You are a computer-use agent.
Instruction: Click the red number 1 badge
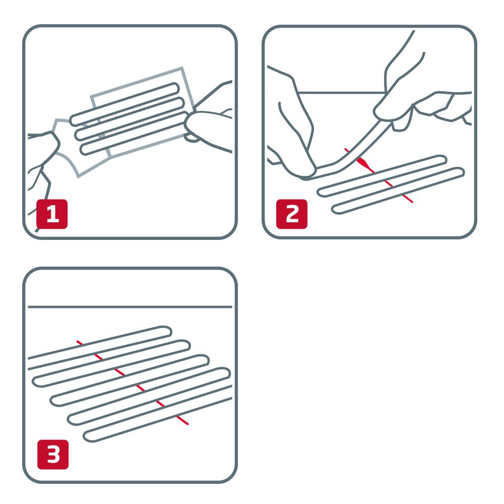(52, 214)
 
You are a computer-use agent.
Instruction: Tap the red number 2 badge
(292, 214)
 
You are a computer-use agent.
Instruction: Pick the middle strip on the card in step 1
(129, 118)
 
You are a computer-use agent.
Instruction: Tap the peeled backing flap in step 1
(71, 146)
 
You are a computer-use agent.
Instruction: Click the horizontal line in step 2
(343, 93)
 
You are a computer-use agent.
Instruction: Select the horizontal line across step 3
(130, 306)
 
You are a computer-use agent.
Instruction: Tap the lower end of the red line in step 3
(187, 423)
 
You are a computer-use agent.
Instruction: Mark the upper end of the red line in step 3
(78, 342)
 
